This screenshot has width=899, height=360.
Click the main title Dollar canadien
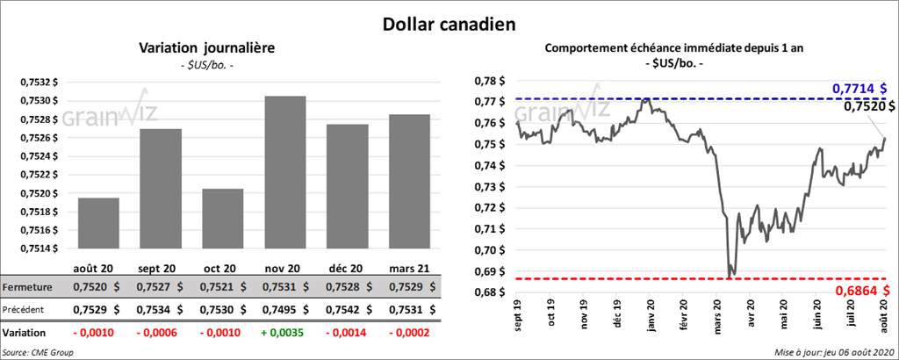(x=449, y=24)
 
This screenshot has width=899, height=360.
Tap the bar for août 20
(x=98, y=223)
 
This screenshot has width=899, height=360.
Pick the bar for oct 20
(x=223, y=219)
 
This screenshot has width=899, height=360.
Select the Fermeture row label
(x=27, y=287)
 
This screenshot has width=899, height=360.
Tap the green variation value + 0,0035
(x=284, y=334)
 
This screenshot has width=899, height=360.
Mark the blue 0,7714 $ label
(x=859, y=89)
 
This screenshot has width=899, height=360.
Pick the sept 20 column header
(x=160, y=268)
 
